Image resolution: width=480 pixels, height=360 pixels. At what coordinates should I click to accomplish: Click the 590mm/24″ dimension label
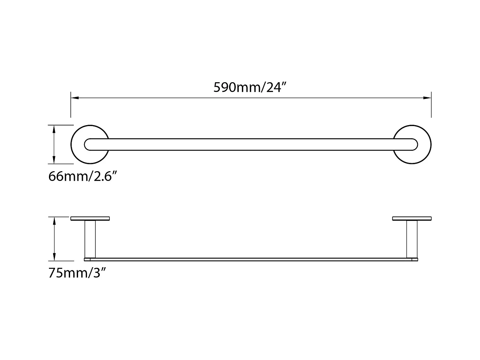[x=249, y=87]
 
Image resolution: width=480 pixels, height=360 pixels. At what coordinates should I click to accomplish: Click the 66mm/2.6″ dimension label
[x=82, y=176]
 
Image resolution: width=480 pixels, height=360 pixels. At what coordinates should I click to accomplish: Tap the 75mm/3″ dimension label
[x=77, y=273]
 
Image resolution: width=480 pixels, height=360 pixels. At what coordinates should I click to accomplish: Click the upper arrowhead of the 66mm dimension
[x=54, y=129]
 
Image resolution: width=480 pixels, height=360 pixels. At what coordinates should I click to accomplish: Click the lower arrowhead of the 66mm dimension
[x=54, y=160]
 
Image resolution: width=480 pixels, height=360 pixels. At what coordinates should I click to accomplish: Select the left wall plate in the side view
[x=90, y=219]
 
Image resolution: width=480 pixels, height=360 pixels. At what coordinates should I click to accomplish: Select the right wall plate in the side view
[x=412, y=219]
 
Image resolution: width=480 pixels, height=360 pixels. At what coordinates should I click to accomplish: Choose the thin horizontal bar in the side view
[x=251, y=259]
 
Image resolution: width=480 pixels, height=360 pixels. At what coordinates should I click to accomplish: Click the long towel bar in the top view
[x=251, y=144]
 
